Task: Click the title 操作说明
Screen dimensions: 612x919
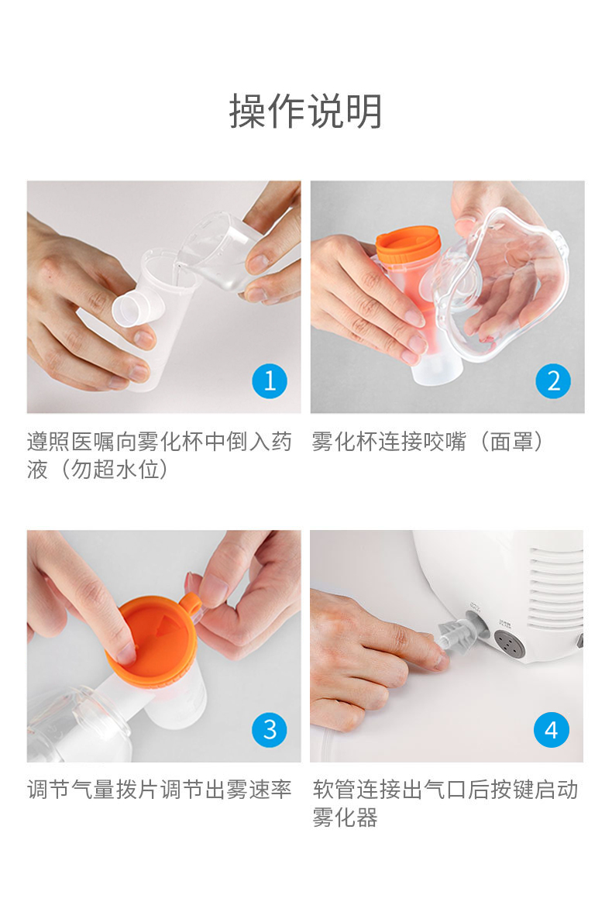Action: pyautogui.click(x=305, y=111)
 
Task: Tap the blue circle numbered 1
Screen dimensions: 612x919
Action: pyautogui.click(x=270, y=381)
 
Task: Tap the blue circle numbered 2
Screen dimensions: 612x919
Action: pyautogui.click(x=553, y=381)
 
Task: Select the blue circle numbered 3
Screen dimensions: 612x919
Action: pyautogui.click(x=270, y=730)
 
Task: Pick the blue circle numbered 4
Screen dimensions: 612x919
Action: pyautogui.click(x=552, y=730)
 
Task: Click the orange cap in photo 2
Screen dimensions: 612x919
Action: pyautogui.click(x=408, y=246)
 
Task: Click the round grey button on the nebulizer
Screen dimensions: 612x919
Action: pyautogui.click(x=508, y=645)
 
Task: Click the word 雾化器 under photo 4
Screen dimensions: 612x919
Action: pyautogui.click(x=346, y=817)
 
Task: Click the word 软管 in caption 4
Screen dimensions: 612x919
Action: pyautogui.click(x=334, y=790)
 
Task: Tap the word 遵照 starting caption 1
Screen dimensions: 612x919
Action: pyautogui.click(x=49, y=442)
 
